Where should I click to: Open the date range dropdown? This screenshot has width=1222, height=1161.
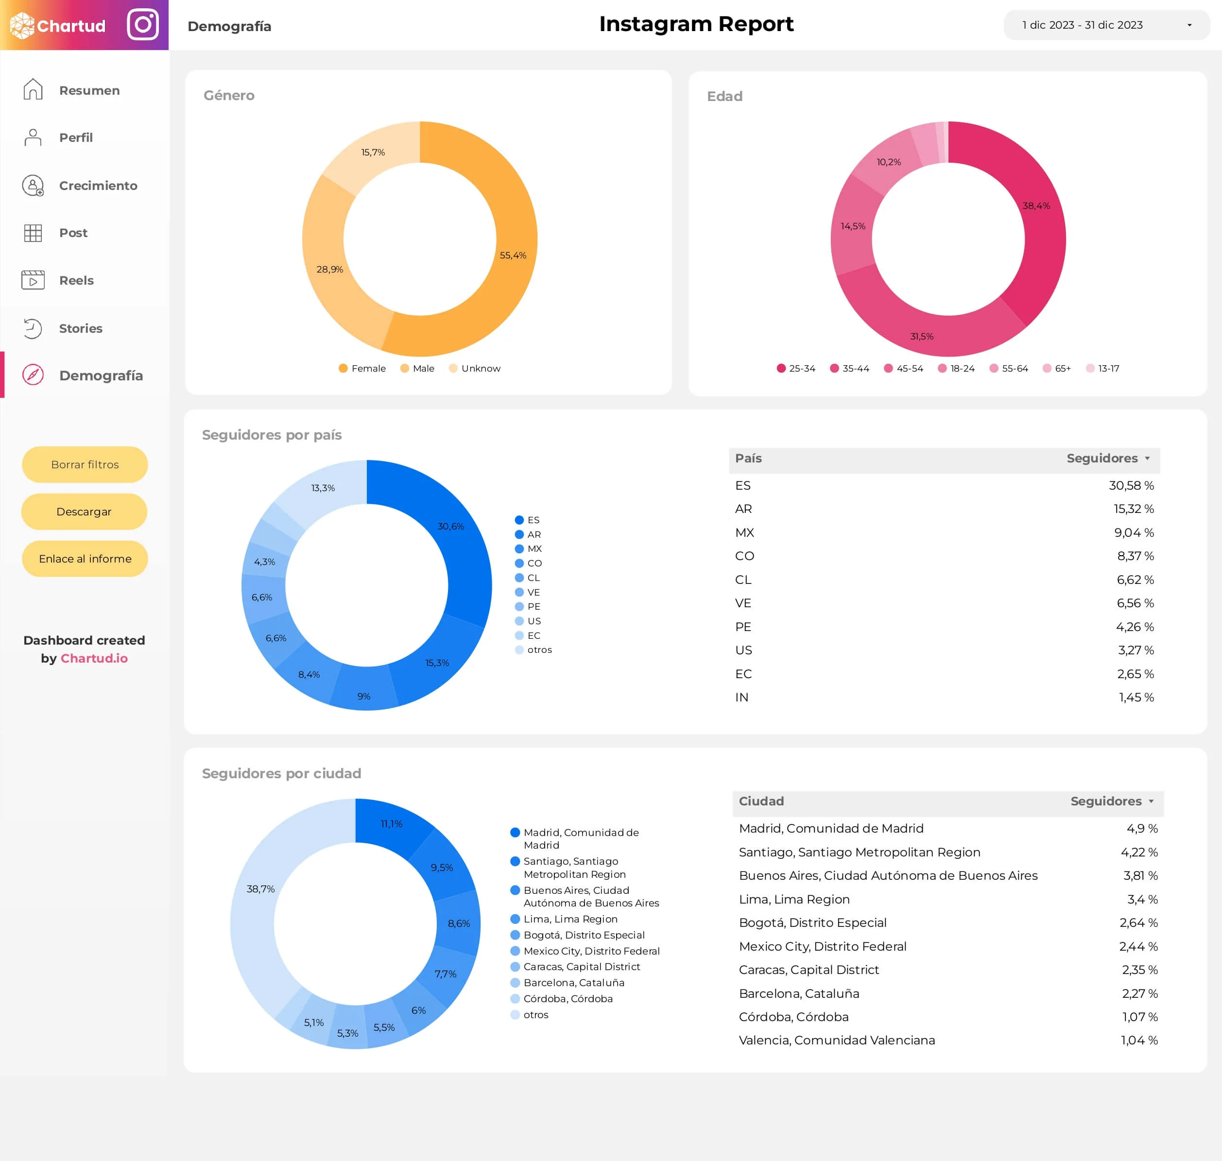[x=1106, y=25]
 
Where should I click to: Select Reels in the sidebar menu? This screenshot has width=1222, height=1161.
[x=76, y=280]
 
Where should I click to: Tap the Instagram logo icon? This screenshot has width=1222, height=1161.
[x=143, y=25]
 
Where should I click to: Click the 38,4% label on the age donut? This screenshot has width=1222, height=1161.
[x=1036, y=205]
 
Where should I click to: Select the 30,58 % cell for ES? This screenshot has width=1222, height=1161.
[x=1131, y=486]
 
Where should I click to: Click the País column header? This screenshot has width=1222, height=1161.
[x=748, y=459]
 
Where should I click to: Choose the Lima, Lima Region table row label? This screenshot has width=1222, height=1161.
[x=794, y=899]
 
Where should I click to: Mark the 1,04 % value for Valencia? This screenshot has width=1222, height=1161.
[x=1139, y=1041]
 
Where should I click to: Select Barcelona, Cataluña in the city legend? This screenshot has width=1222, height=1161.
[x=573, y=983]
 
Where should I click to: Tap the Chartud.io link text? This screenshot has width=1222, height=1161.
[x=94, y=659]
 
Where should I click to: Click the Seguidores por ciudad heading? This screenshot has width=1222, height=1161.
[x=282, y=773]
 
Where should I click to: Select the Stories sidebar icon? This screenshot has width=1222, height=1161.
[x=33, y=328]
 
